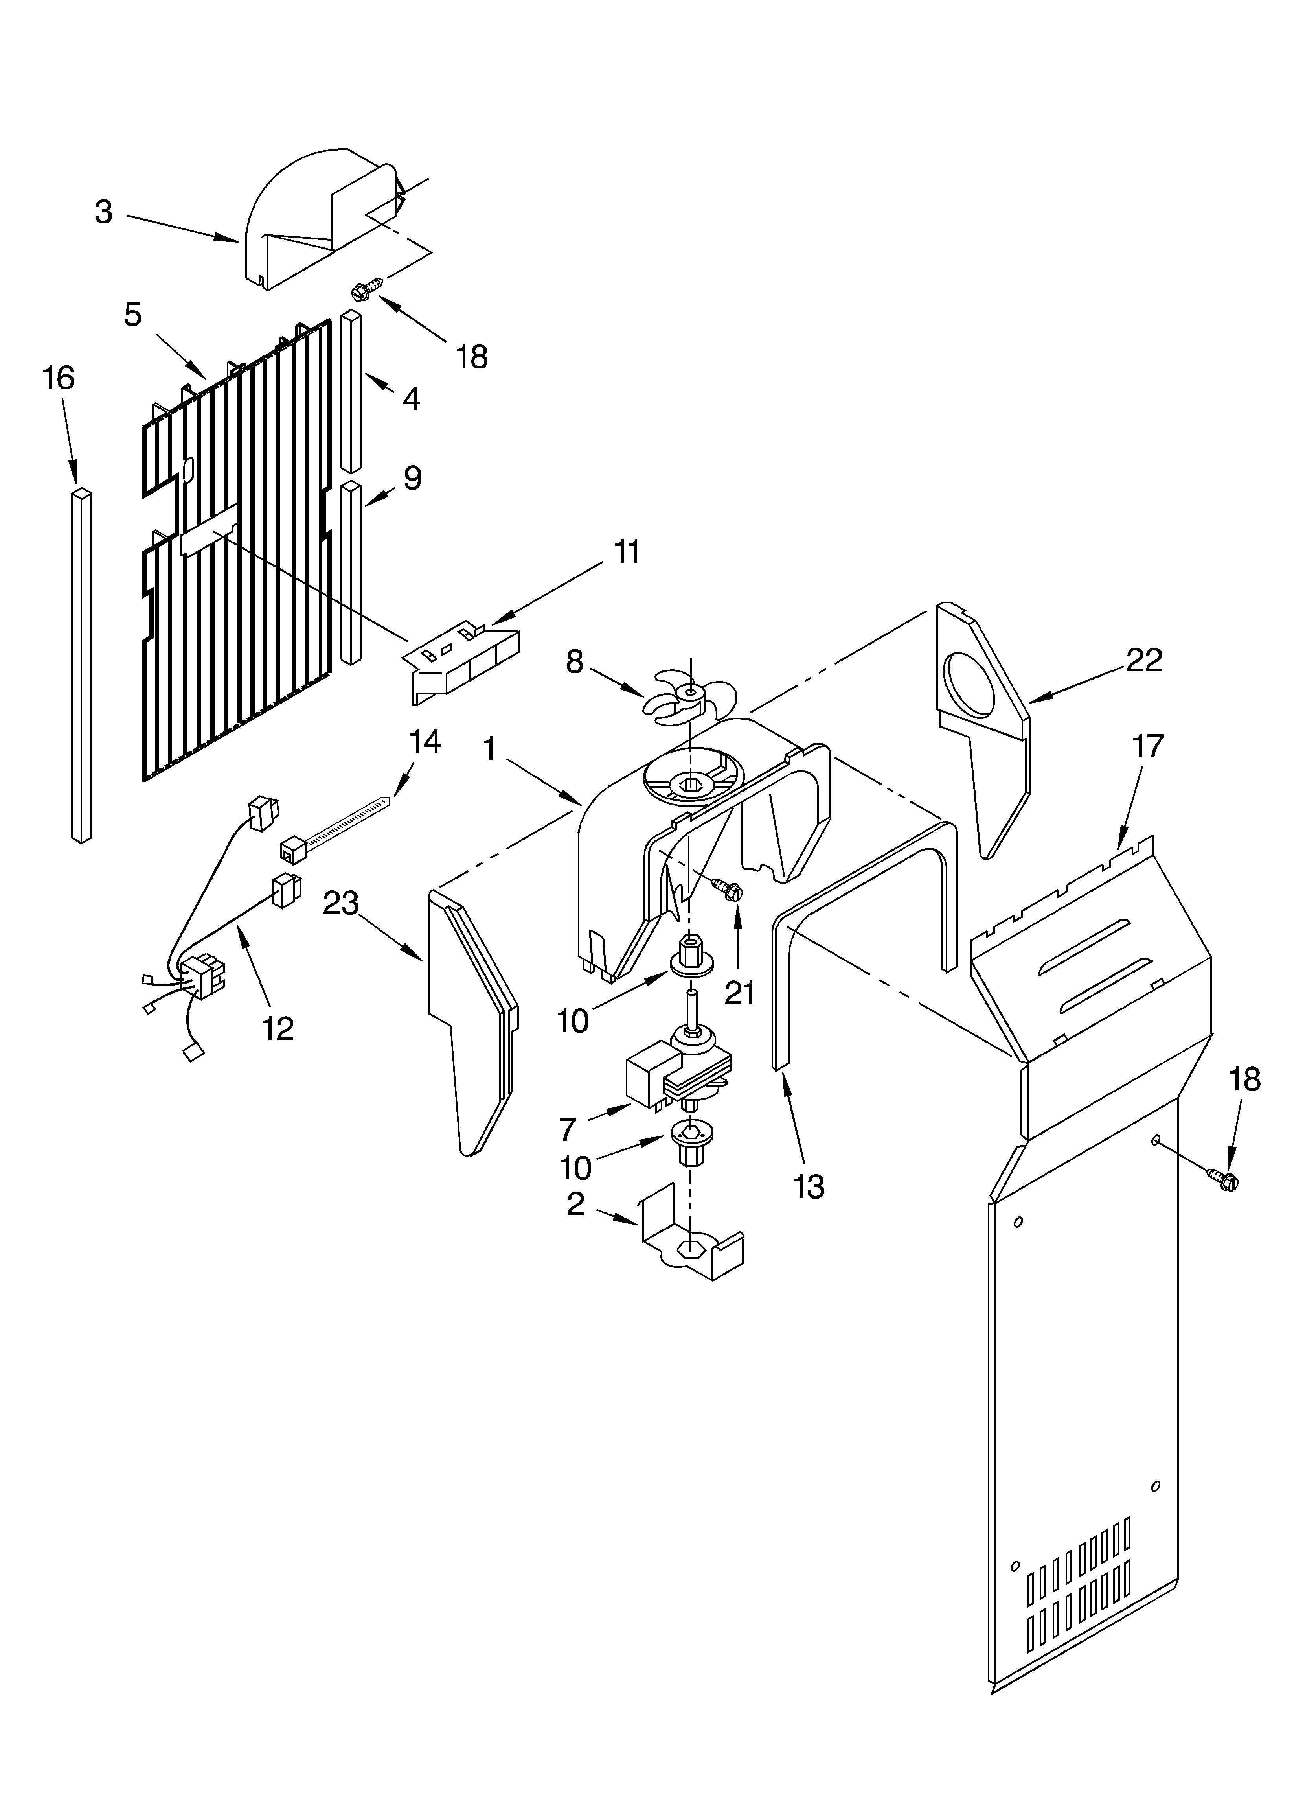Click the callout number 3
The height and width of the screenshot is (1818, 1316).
(103, 212)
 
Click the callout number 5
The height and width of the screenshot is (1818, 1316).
(133, 314)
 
